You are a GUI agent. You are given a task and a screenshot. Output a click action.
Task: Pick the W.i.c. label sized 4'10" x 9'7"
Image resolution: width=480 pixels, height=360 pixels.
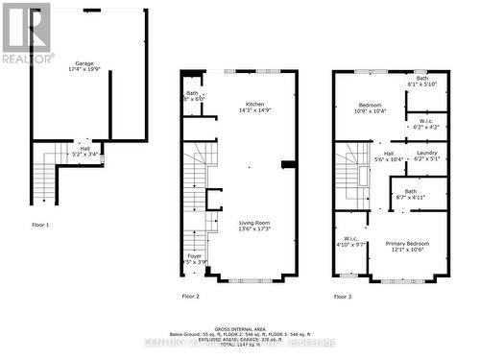(350, 242)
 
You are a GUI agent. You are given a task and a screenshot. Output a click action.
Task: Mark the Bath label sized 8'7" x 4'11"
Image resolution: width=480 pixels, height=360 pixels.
(409, 194)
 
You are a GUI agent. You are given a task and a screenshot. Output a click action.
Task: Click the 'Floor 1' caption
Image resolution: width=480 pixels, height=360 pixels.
(40, 224)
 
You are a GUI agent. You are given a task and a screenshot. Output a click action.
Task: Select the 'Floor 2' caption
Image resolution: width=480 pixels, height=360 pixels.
(190, 297)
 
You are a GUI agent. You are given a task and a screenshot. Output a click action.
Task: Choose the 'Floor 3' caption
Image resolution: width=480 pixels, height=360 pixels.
(343, 297)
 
